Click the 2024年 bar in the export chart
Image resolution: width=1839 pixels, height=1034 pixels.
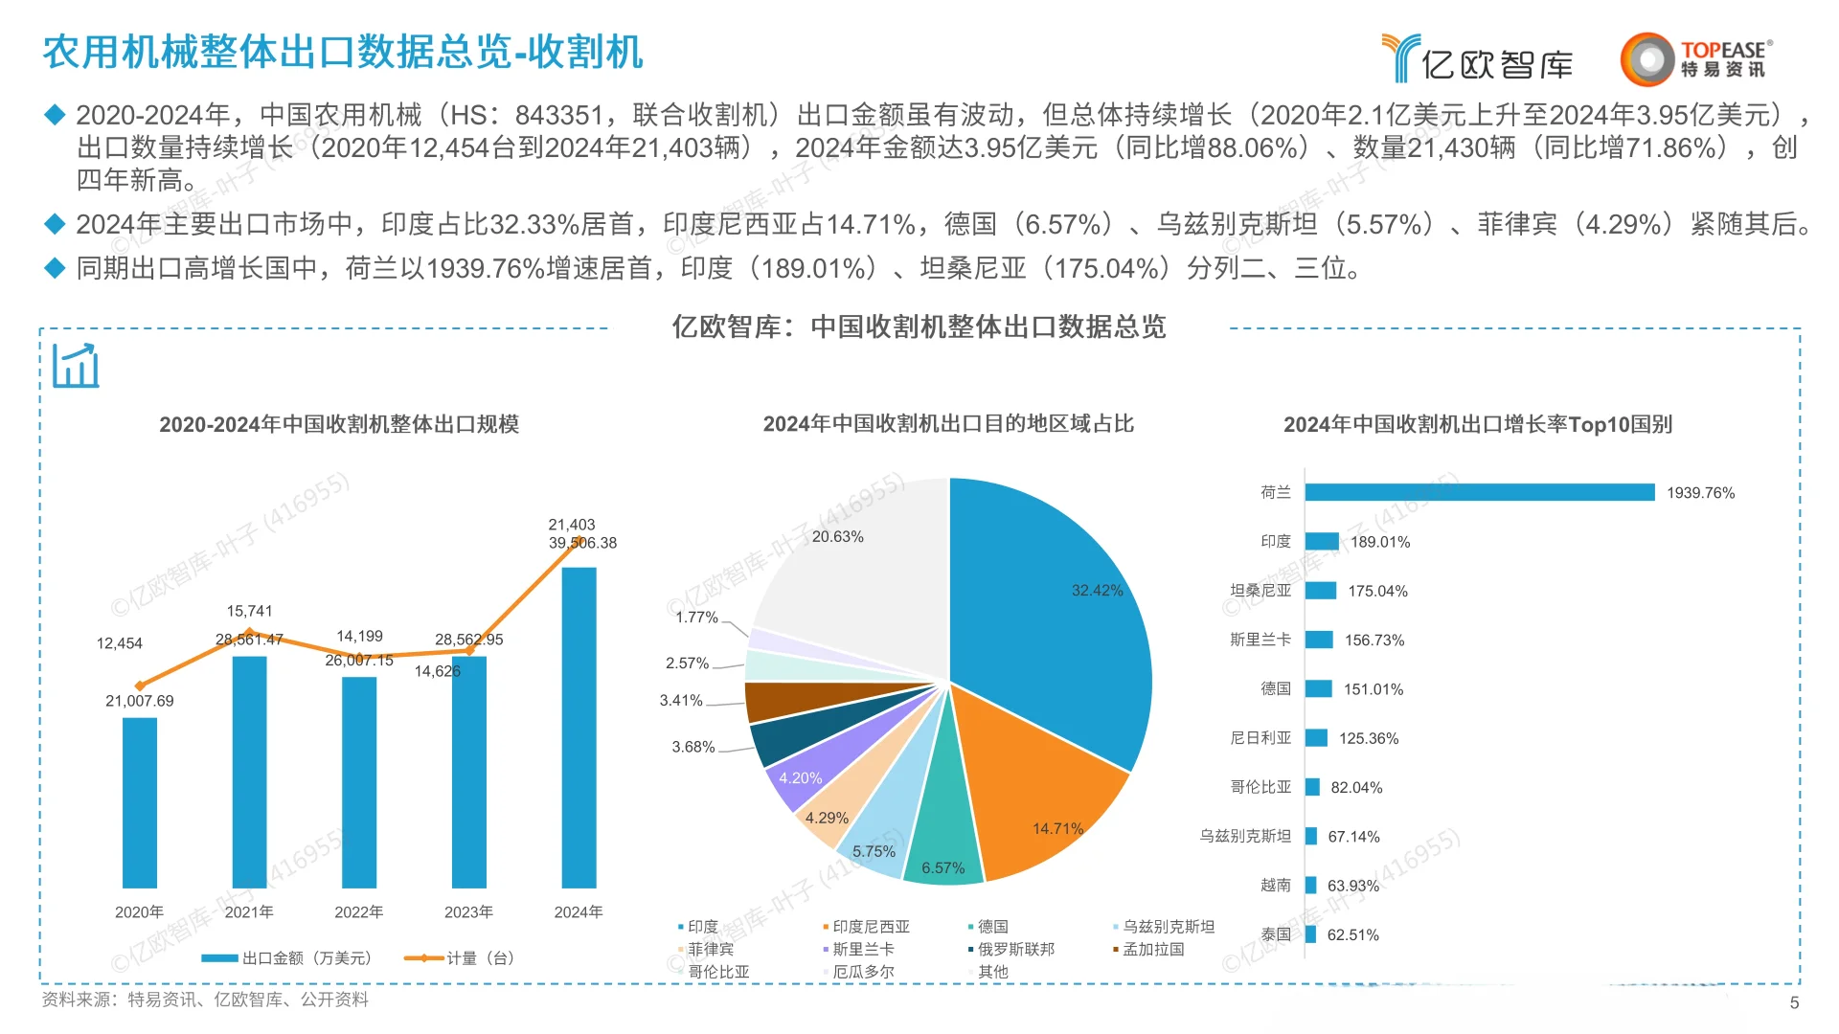(579, 728)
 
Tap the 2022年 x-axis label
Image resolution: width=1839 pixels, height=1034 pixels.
(358, 912)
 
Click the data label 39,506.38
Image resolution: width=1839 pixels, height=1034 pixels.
(582, 543)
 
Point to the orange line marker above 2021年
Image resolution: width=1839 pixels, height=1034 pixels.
(250, 632)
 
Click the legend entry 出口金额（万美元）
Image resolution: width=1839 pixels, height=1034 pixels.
(287, 958)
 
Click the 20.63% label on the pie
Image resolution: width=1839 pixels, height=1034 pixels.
(837, 537)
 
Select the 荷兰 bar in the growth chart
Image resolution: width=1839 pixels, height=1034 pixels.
(1479, 492)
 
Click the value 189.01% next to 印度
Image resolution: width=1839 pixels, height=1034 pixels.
(1380, 542)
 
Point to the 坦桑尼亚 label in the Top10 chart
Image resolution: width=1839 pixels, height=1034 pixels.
(1260, 591)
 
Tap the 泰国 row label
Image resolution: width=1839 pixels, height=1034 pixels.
(1275, 934)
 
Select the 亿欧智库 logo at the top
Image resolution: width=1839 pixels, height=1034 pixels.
(1478, 59)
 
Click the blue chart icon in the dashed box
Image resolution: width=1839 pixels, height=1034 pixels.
(76, 366)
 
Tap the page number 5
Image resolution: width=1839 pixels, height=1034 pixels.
(1794, 1002)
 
